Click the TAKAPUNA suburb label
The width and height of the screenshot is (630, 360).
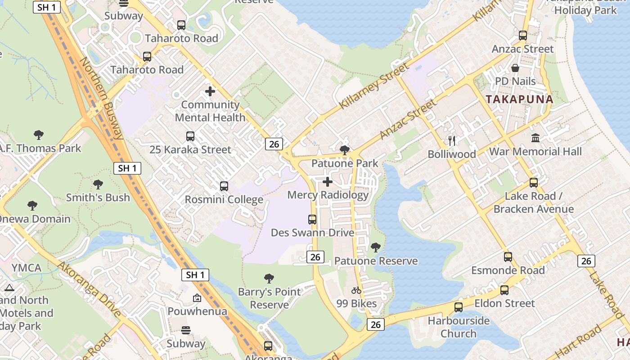(x=519, y=99)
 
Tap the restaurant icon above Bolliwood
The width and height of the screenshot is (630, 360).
(x=452, y=141)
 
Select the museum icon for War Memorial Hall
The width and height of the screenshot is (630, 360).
(x=535, y=138)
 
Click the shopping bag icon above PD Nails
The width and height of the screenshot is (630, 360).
(x=515, y=68)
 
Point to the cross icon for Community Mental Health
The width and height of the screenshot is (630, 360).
(x=210, y=91)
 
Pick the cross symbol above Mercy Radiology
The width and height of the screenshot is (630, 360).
(x=328, y=182)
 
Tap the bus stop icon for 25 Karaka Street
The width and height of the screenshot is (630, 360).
(x=190, y=136)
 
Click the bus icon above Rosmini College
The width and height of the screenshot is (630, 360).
(x=224, y=186)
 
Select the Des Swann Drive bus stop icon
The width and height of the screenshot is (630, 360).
(x=312, y=219)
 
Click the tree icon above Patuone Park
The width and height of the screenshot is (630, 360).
(x=345, y=150)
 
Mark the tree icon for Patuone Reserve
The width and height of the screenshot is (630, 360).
(x=375, y=247)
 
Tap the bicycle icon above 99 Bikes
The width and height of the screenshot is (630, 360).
(x=356, y=291)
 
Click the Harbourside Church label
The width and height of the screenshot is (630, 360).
(x=459, y=327)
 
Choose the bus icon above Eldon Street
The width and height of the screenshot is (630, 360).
(x=504, y=290)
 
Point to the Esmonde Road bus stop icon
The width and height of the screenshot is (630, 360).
(x=508, y=257)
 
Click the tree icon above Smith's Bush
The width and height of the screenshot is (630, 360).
(x=98, y=184)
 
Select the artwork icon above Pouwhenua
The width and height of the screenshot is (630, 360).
(x=197, y=298)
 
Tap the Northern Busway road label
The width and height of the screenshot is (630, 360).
(x=102, y=98)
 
